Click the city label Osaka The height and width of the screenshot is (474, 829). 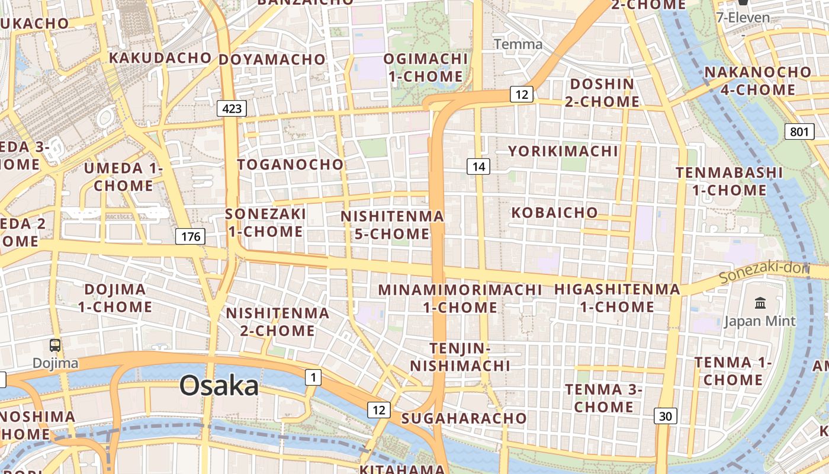(x=219, y=386)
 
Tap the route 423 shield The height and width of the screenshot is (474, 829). (x=232, y=108)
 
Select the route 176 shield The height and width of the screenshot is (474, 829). (x=190, y=237)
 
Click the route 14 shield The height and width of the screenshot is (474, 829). (x=478, y=167)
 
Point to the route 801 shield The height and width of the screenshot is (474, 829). (x=799, y=132)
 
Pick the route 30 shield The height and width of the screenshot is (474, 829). (x=666, y=417)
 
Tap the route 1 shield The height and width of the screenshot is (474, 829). (x=313, y=377)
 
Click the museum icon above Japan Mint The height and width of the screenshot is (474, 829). (x=760, y=304)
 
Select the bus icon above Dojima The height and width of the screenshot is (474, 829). (x=55, y=345)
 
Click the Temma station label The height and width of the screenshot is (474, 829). (x=518, y=44)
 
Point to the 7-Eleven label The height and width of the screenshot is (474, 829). (x=743, y=18)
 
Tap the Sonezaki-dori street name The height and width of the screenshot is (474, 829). (x=764, y=273)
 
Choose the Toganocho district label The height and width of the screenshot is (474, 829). (x=290, y=165)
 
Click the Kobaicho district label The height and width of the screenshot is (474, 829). (x=554, y=213)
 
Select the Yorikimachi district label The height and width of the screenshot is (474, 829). (x=563, y=151)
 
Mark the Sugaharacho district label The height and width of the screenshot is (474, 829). (x=464, y=418)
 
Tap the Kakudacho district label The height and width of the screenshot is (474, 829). (x=160, y=58)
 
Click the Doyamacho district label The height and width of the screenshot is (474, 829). (x=272, y=60)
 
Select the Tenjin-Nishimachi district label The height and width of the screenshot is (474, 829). (x=460, y=357)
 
